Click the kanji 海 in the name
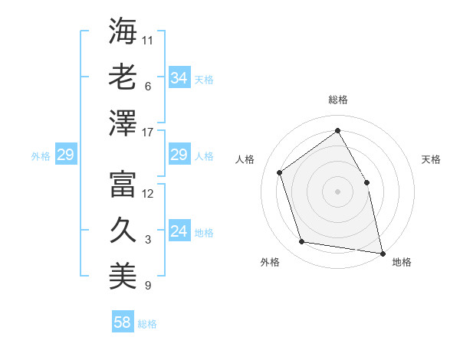[x=123, y=31]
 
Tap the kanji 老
[x=123, y=77]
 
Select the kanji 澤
[x=123, y=122]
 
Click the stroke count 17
[x=148, y=133]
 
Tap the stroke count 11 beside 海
[x=148, y=40]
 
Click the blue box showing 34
[x=179, y=78]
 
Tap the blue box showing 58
[x=123, y=322]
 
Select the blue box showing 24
[x=179, y=232]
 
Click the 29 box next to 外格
[x=65, y=155]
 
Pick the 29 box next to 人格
[x=179, y=155]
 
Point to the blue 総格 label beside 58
[x=147, y=324]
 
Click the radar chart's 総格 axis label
[x=337, y=100]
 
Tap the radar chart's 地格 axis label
[x=402, y=262]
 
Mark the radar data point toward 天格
[x=366, y=182]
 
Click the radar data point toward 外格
[x=302, y=242]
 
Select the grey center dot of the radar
[x=337, y=191]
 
